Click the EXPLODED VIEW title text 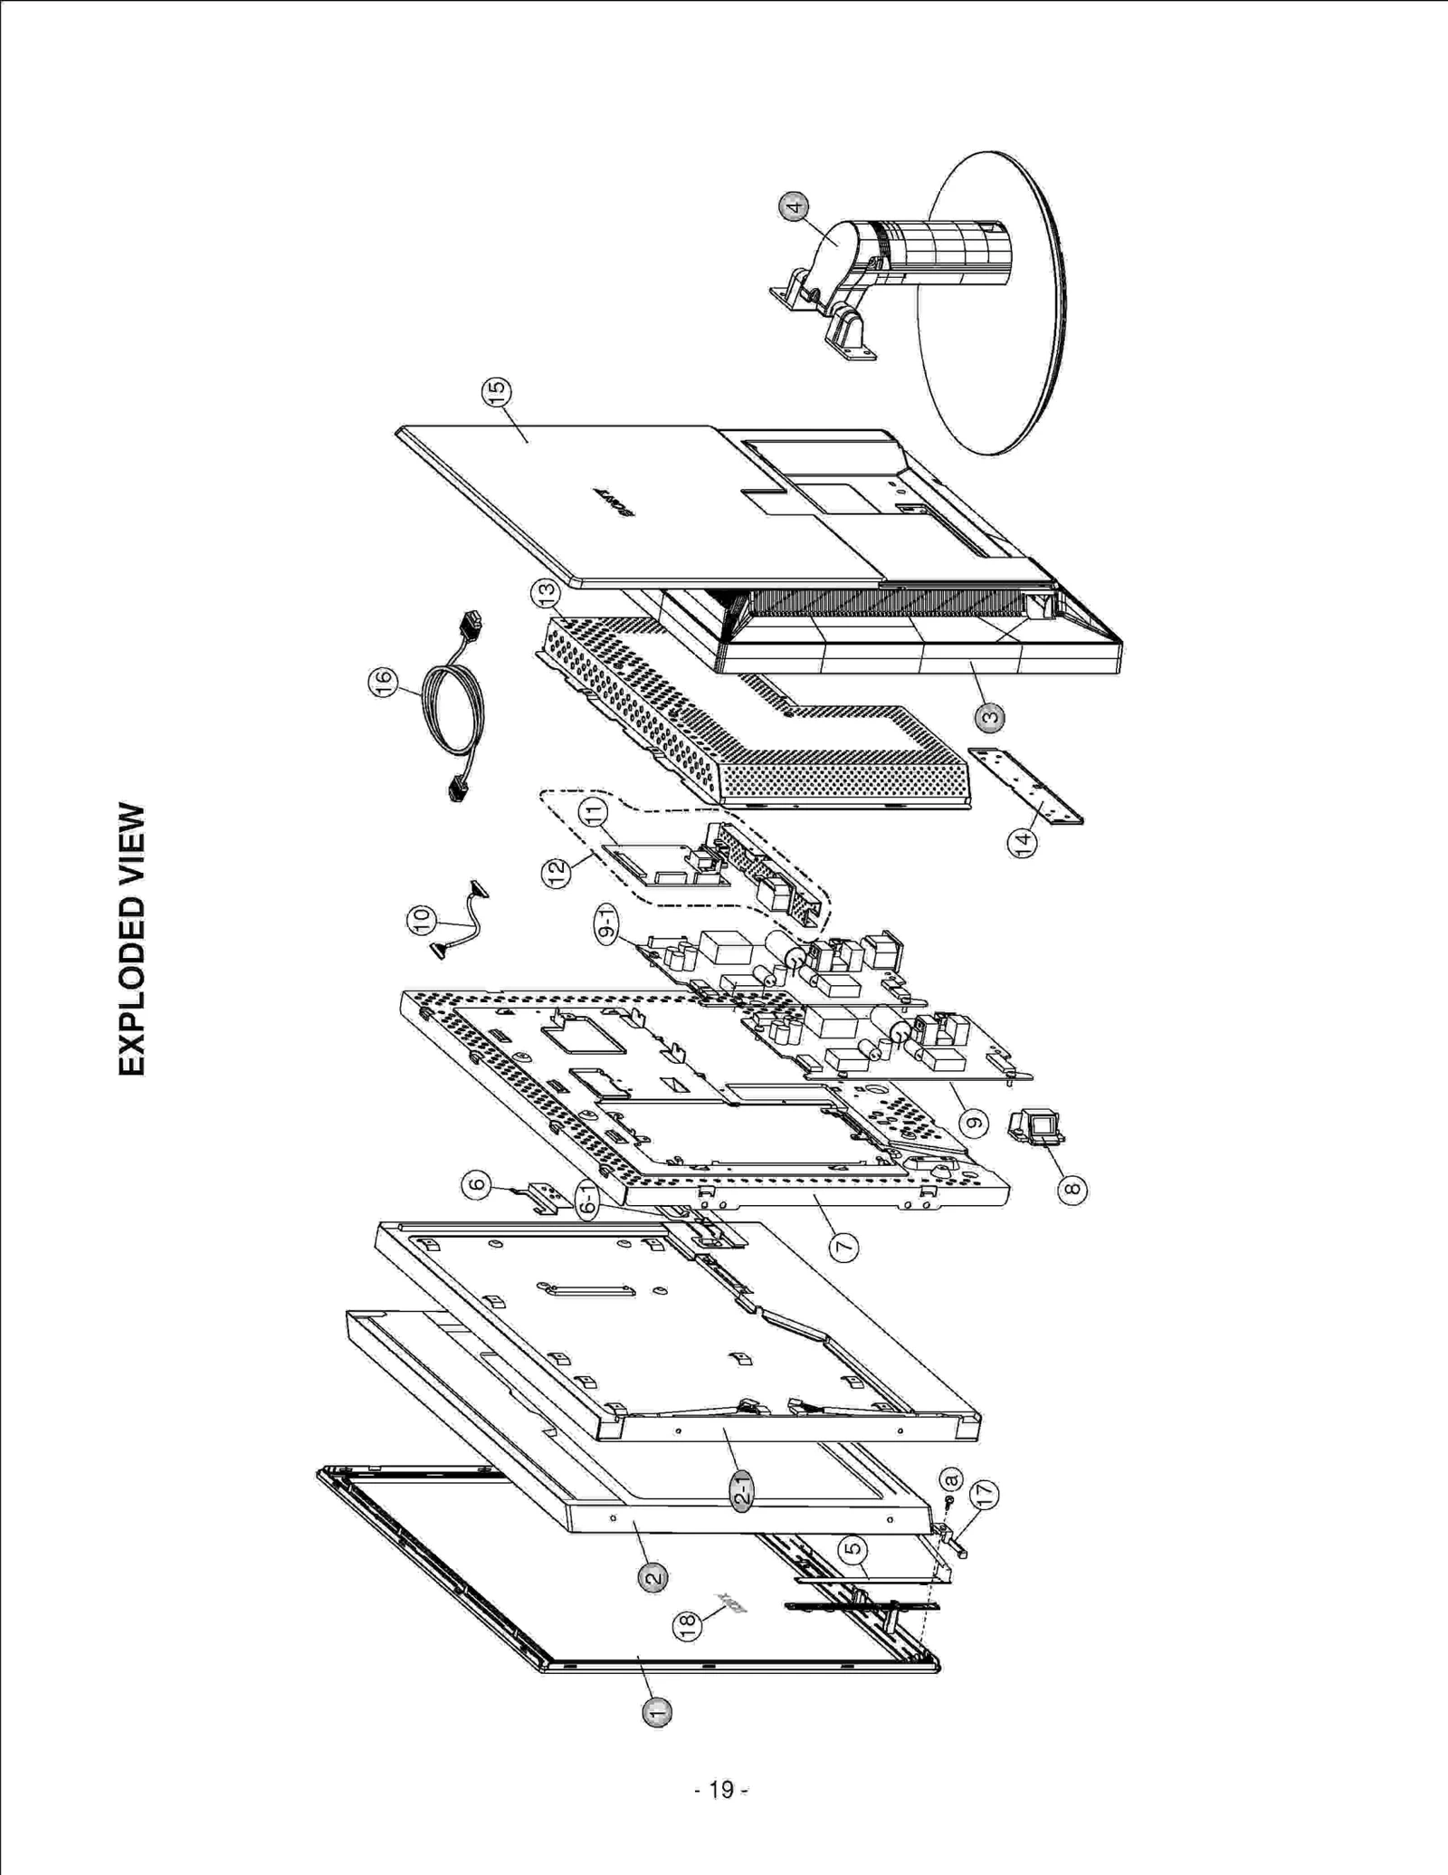click(x=132, y=939)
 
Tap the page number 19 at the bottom click(x=721, y=1790)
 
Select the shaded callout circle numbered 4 click(x=794, y=206)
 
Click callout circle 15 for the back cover click(x=497, y=392)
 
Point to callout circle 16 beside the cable click(x=383, y=681)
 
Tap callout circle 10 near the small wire click(x=422, y=921)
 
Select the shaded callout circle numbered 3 click(x=990, y=718)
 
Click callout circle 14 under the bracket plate click(x=1023, y=842)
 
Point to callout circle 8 click(x=1072, y=1189)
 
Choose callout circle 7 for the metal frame click(x=843, y=1248)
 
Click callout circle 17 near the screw click(x=985, y=1494)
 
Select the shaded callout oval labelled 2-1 click(x=741, y=1488)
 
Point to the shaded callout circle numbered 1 click(x=657, y=1712)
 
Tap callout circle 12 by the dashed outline click(x=557, y=872)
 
